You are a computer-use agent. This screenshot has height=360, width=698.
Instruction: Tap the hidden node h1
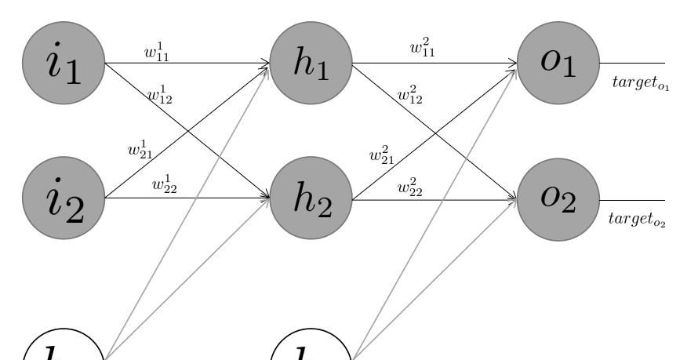(x=311, y=63)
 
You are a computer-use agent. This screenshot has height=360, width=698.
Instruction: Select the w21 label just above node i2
(x=140, y=149)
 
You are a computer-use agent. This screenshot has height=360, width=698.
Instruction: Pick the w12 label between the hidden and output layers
(x=409, y=95)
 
